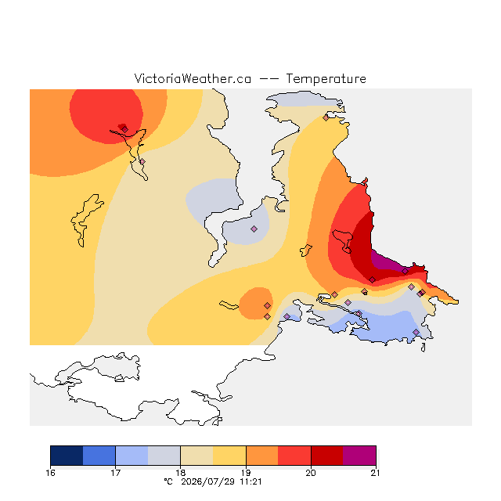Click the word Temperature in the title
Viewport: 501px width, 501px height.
[x=326, y=79]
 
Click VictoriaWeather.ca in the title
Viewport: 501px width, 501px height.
[x=193, y=79]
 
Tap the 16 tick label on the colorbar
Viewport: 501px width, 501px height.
[x=50, y=473]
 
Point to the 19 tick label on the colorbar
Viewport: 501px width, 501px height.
[x=246, y=473]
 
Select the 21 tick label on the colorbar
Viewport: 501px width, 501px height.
[x=376, y=473]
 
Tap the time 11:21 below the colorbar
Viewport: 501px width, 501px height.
[x=250, y=482]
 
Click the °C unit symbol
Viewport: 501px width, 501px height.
[x=168, y=482]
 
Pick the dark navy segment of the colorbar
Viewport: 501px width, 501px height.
[x=67, y=456]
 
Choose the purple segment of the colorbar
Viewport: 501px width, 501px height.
[x=359, y=456]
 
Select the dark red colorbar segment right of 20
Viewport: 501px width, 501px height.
[x=327, y=456]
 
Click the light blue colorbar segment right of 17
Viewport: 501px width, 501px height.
[x=132, y=456]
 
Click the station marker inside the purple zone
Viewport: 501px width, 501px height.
[x=405, y=272]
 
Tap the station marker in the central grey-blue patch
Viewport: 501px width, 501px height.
[x=254, y=229]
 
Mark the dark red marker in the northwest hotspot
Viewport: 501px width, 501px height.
[x=125, y=129]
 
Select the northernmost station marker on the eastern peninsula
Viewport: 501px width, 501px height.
[x=326, y=118]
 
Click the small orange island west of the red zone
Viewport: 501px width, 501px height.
[x=306, y=250]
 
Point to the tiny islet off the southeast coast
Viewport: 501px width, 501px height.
[x=423, y=348]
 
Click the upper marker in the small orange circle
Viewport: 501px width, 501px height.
[x=267, y=306]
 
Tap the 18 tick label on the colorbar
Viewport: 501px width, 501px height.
[x=181, y=473]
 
